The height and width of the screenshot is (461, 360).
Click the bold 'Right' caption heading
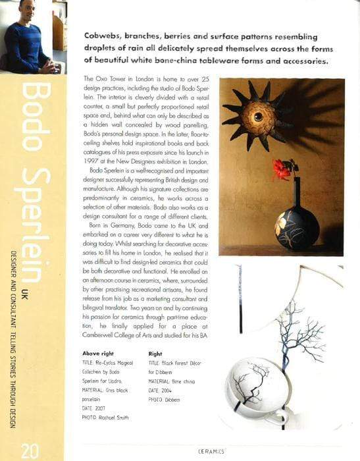coord(156,353)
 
